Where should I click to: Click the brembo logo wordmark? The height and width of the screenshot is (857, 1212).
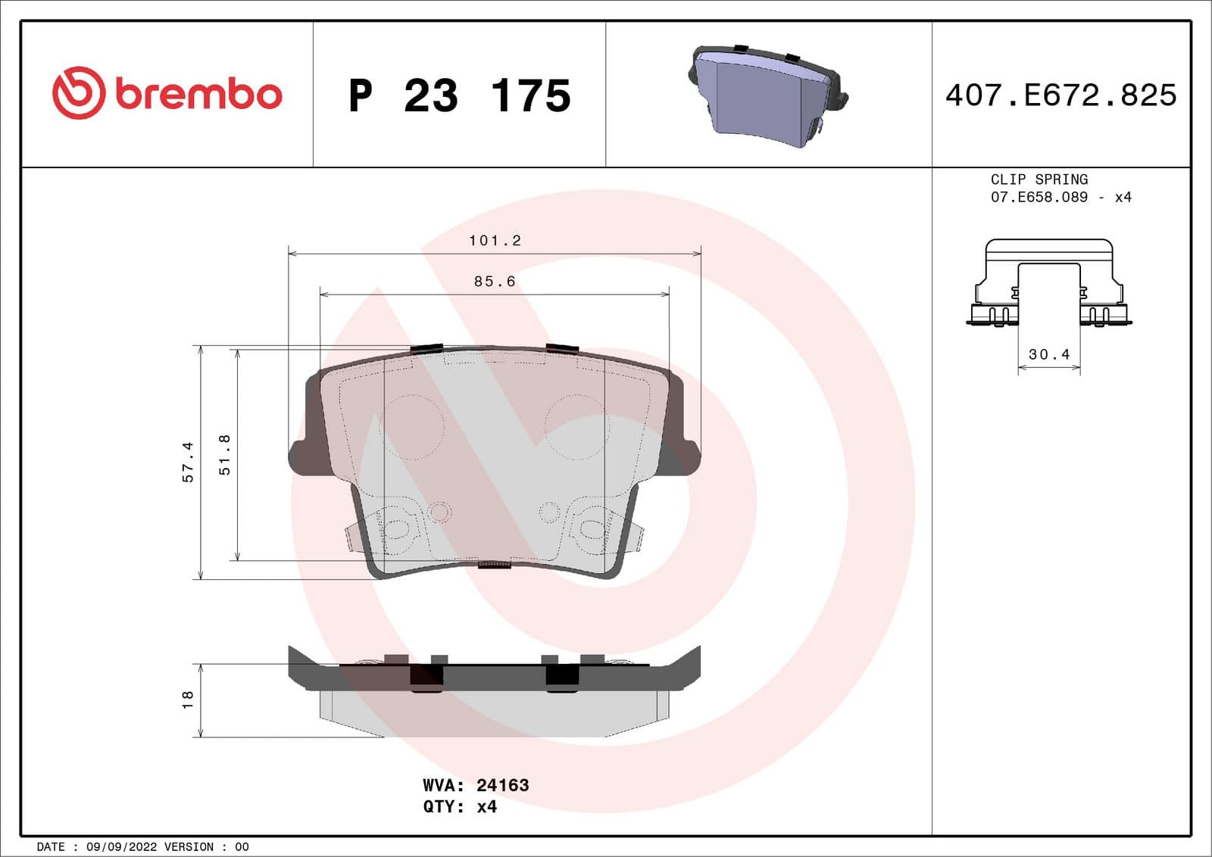pos(198,94)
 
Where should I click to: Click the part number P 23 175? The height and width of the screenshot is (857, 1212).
pos(459,95)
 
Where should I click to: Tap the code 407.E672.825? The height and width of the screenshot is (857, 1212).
pos(1060,95)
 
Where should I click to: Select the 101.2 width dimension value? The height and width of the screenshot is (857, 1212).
pos(495,241)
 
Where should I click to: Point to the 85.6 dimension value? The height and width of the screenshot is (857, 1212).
pos(495,282)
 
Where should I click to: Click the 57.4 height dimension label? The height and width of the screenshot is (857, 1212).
pos(188,462)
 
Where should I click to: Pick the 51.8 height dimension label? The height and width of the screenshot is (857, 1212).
pos(224,454)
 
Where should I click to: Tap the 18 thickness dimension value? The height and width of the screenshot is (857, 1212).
pos(188,700)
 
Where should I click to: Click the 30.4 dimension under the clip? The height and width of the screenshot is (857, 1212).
pos(1048,354)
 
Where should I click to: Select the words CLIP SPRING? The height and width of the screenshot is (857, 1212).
pos(1039,179)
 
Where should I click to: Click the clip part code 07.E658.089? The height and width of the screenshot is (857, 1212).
pos(1039,197)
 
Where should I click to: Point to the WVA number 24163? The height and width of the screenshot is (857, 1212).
pos(502,785)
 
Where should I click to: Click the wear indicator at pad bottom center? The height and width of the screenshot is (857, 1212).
pos(495,564)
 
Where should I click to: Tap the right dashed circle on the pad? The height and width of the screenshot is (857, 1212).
pos(576,426)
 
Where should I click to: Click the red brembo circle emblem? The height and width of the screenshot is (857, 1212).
pos(78,93)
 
